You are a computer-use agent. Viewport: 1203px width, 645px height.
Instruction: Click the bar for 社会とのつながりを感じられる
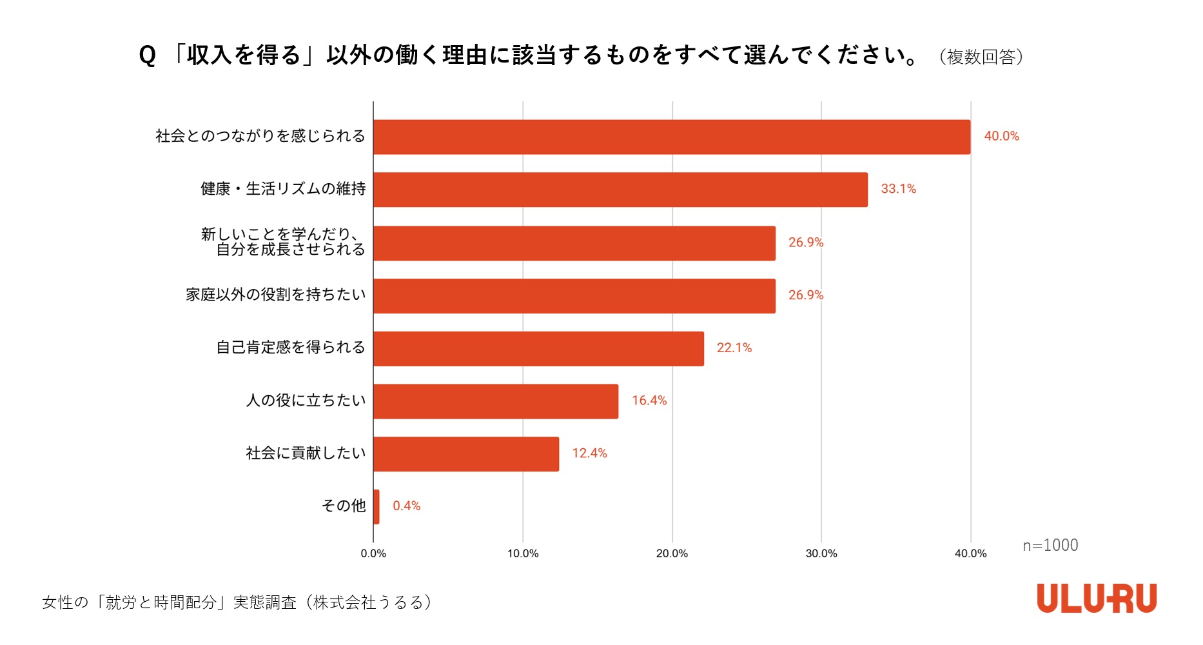(x=671, y=137)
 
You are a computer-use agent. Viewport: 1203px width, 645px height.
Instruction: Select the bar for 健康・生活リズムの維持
(x=620, y=190)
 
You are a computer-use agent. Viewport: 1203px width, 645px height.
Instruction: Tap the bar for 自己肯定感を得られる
(x=538, y=348)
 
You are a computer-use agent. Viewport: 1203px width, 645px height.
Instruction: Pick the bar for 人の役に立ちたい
(x=495, y=401)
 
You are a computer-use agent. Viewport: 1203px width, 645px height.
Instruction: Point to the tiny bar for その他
(x=377, y=506)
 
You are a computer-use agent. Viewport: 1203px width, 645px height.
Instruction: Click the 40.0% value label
(x=1001, y=136)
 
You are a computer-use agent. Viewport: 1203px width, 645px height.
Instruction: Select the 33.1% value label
(x=898, y=189)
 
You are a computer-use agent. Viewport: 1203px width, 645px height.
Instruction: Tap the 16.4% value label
(x=649, y=401)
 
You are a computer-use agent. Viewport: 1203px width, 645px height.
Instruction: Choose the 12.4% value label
(x=589, y=453)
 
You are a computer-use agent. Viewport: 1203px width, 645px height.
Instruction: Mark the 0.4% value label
(x=406, y=506)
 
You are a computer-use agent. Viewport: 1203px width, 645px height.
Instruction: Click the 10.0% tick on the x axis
(x=522, y=553)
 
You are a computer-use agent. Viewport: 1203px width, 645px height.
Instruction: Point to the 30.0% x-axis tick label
(x=821, y=553)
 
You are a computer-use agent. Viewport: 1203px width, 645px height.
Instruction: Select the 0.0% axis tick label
(x=373, y=553)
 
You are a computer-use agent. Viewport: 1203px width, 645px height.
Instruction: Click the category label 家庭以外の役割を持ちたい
(x=275, y=295)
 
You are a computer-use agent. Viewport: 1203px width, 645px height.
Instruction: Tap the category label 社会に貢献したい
(x=306, y=453)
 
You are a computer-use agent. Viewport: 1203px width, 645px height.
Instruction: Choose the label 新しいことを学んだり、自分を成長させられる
(x=284, y=242)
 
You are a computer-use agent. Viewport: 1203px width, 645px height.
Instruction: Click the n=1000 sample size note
(x=1050, y=546)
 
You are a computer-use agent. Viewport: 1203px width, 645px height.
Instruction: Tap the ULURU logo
(x=1096, y=599)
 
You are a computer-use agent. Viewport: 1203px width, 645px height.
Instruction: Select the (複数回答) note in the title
(x=981, y=57)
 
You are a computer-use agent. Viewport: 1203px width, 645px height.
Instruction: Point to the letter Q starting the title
(x=147, y=56)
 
